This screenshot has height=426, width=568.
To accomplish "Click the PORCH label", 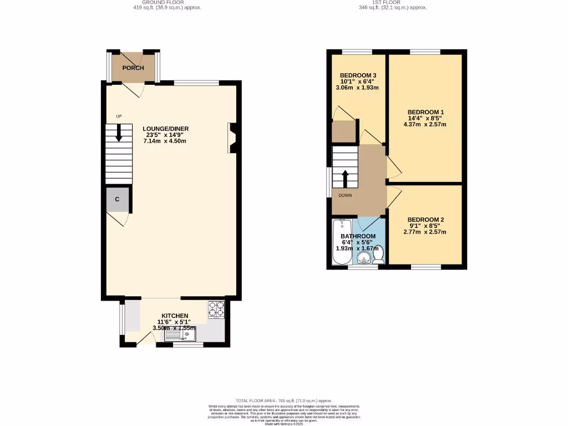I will tap(133, 68).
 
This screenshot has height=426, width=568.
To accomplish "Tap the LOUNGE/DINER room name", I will tap(165, 129).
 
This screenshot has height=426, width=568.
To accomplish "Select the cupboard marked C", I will tap(117, 199).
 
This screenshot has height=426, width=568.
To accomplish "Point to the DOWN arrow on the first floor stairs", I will tap(345, 179).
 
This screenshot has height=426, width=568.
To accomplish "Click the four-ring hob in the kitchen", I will tap(216, 309).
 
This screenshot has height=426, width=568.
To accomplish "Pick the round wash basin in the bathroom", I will tap(364, 257).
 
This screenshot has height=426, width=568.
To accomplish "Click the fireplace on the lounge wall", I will tap(232, 138).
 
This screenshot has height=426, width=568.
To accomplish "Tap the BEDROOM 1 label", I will tap(425, 111).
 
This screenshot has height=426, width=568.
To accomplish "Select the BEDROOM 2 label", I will tap(425, 219).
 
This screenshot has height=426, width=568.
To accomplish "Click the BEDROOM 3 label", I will tap(358, 75).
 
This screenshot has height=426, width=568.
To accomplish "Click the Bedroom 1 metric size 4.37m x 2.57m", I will tap(425, 124).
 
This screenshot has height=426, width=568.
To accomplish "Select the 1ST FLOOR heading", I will tap(393, 3).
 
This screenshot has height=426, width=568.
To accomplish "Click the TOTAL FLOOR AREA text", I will tap(283, 400).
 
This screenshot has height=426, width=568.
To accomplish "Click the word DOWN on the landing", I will tap(345, 195).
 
